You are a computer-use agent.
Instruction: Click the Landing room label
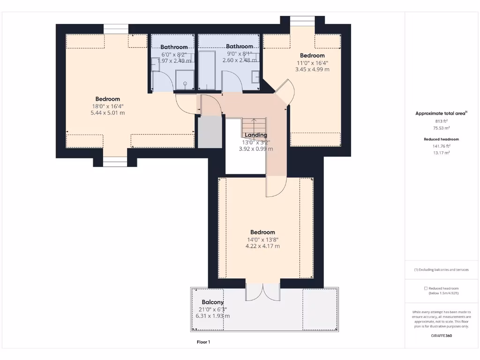(x=255, y=135)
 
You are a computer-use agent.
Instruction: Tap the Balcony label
(x=212, y=302)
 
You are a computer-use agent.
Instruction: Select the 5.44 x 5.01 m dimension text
(x=108, y=113)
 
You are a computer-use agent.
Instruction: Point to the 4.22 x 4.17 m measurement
(x=262, y=246)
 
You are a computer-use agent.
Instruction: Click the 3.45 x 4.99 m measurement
(x=312, y=69)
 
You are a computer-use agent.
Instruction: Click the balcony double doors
(x=263, y=292)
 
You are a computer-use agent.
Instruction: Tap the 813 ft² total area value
(x=441, y=120)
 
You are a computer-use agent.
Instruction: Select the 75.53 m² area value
(x=441, y=128)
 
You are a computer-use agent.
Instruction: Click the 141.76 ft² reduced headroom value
(x=441, y=146)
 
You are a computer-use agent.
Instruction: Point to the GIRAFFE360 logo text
(x=441, y=336)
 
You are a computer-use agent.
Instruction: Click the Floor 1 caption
(x=203, y=342)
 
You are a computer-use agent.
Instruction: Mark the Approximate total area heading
(x=441, y=113)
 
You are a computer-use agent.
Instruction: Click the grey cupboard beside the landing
(x=209, y=132)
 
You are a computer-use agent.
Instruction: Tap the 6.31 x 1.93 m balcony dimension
(x=212, y=316)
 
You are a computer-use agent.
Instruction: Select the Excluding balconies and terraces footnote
(x=441, y=270)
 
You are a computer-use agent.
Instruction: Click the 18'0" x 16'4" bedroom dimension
(x=108, y=106)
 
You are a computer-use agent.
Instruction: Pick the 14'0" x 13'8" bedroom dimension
(x=262, y=239)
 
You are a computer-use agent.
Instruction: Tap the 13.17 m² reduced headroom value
(x=441, y=153)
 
